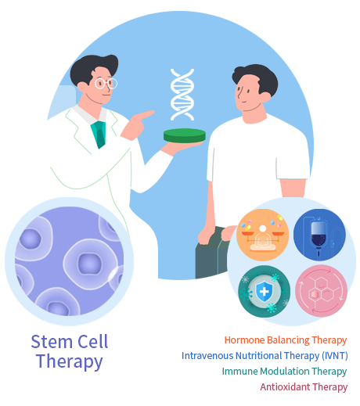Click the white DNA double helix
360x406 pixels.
[x=182, y=95]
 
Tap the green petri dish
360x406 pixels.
[x=185, y=135]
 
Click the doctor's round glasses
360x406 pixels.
[x=106, y=84]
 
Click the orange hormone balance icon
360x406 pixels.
[x=263, y=235]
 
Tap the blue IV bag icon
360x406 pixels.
[x=319, y=235]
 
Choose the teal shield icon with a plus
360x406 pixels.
[x=264, y=291]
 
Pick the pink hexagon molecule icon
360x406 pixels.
[x=321, y=291]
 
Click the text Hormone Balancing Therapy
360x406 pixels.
[x=286, y=340]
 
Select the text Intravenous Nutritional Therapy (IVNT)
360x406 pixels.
[x=265, y=356]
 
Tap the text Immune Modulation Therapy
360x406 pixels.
[x=284, y=372]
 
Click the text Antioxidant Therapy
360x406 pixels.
[x=304, y=387]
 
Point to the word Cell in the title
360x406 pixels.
[x=93, y=342]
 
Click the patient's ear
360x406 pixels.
[x=265, y=97]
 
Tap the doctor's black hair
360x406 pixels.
[x=92, y=68]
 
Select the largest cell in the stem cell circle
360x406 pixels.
[x=90, y=264]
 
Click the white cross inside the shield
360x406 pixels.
[x=265, y=291]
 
